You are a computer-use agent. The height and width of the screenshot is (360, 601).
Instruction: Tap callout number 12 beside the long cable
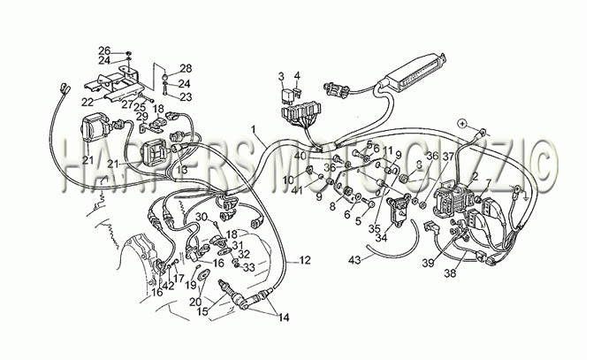click(304, 260)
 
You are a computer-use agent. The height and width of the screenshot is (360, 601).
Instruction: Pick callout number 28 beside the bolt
click(186, 68)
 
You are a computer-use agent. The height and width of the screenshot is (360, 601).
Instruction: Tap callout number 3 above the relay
click(280, 76)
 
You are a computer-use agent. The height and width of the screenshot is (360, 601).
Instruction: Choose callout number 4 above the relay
click(297, 76)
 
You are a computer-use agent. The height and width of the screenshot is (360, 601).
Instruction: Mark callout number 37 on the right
click(448, 157)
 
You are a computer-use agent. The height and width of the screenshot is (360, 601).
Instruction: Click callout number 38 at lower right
click(450, 274)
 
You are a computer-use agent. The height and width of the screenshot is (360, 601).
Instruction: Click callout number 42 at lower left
click(168, 285)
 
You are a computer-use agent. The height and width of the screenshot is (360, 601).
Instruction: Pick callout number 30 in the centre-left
click(202, 217)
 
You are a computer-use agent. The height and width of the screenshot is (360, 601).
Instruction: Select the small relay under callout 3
click(288, 92)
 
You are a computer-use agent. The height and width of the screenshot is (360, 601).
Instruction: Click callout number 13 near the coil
click(180, 169)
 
